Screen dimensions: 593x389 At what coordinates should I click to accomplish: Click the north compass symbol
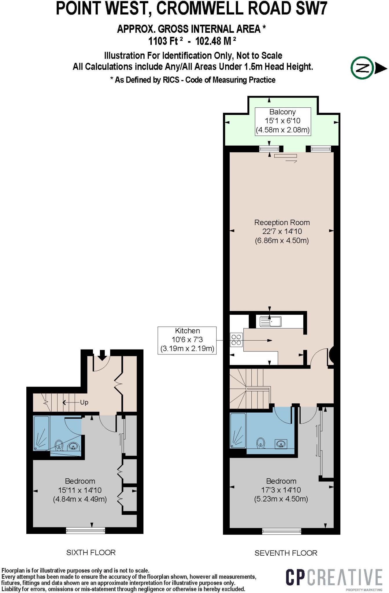point(361,68)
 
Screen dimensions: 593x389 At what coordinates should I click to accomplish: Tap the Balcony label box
point(282,121)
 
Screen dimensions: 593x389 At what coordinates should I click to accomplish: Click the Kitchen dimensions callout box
point(187,340)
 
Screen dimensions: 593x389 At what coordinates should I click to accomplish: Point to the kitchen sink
point(270,321)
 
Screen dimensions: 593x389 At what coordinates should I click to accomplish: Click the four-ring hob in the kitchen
point(236,340)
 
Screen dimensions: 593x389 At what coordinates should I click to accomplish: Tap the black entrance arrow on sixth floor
point(102,355)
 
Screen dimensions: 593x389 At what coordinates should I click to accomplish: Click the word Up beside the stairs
point(84,402)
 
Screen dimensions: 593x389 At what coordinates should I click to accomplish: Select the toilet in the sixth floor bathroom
point(59,445)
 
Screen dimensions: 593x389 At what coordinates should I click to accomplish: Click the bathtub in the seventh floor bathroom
point(238,431)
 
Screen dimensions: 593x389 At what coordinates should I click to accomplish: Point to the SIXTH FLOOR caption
point(91,552)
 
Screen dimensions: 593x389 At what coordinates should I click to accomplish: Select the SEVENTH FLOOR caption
point(286,553)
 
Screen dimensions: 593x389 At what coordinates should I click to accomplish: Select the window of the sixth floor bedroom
point(85,530)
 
